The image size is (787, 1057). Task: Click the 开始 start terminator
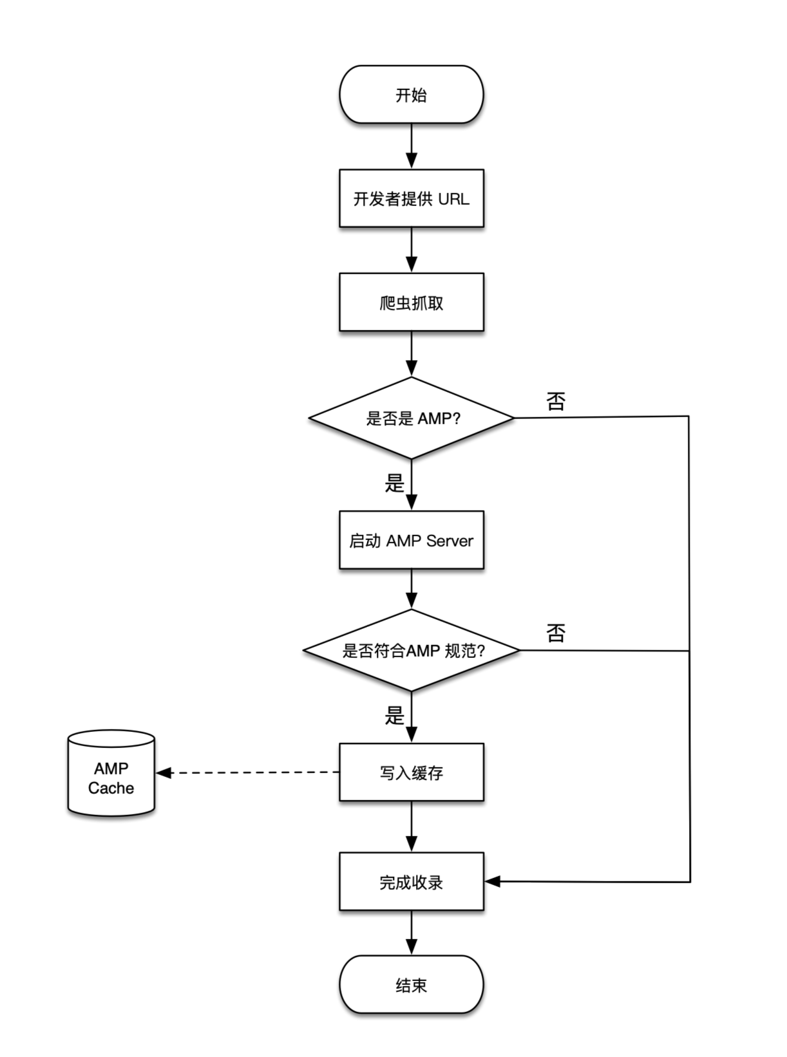pos(411,95)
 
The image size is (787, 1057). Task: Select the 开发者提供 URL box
pos(411,198)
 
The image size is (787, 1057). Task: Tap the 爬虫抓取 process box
pos(411,302)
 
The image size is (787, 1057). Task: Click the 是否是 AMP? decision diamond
pos(411,418)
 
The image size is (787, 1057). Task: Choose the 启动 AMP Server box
pos(411,539)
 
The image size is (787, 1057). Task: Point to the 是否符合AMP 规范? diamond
pos(411,650)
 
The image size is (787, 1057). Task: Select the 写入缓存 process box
pos(411,772)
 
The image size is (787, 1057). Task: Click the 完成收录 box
pos(411,882)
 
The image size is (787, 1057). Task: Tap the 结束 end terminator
pos(411,984)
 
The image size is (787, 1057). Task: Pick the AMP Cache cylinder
pos(111,773)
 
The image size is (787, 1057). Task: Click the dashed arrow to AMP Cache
pos(247,772)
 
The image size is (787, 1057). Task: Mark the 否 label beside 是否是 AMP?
pos(556,401)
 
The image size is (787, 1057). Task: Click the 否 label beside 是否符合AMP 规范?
pos(556,633)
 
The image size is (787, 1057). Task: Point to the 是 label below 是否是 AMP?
pos(394,483)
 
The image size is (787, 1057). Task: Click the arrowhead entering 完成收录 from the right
pos(492,881)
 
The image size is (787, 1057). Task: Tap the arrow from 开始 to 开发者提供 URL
pos(411,146)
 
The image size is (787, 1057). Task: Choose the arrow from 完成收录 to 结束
pos(411,933)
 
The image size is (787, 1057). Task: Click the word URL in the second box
pos(453,198)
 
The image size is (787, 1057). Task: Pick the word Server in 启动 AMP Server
pos(450,541)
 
